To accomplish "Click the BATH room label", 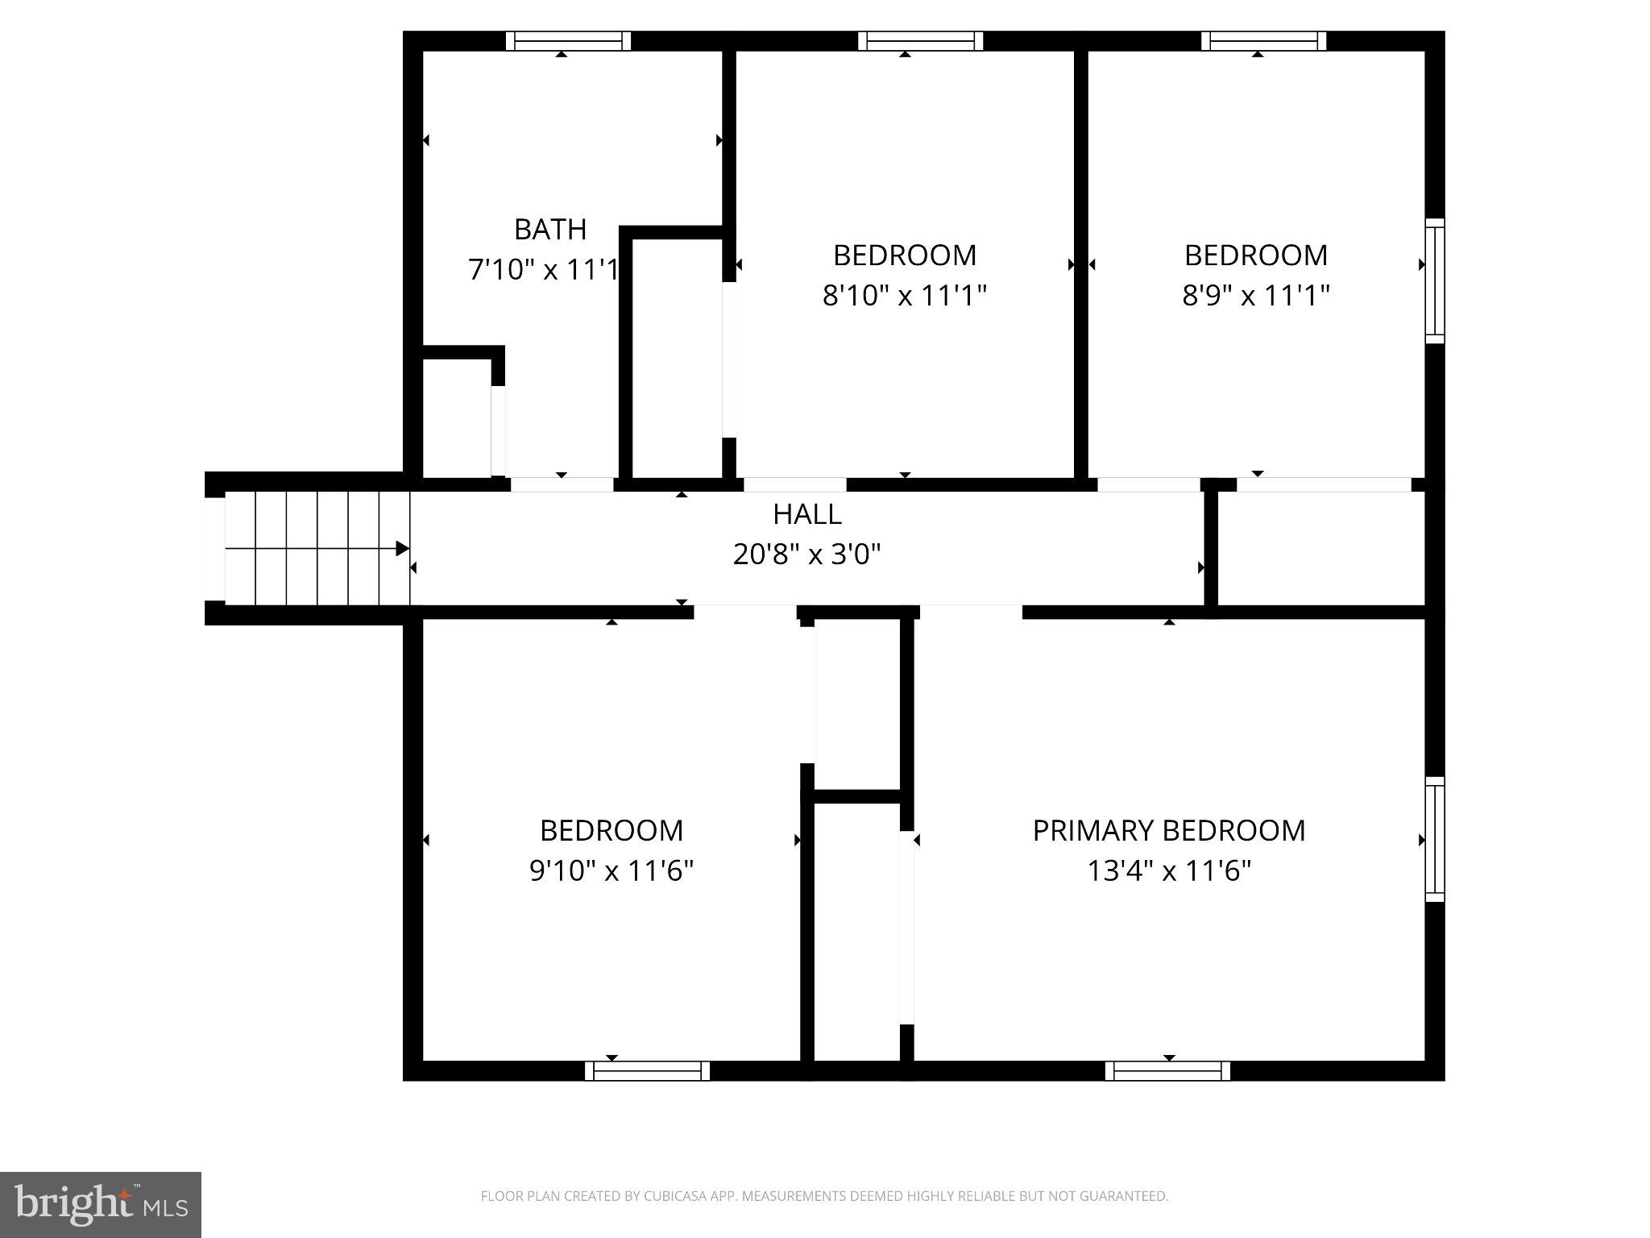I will (x=550, y=230).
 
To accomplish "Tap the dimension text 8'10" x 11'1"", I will (x=904, y=296).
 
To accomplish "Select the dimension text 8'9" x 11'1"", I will (x=1255, y=296).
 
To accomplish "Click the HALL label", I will (x=806, y=514).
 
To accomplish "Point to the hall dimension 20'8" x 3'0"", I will (x=806, y=555).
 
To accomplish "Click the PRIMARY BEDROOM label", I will (x=1168, y=831).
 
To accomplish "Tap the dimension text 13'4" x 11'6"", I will (x=1168, y=871).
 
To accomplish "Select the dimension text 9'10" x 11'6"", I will (x=611, y=871).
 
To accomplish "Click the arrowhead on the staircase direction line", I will (x=402, y=549).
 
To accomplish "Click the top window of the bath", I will (x=568, y=41).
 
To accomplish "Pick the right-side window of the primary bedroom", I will (x=1434, y=839).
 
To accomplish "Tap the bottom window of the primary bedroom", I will (x=1167, y=1070).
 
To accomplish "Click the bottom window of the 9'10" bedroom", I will (x=647, y=1070).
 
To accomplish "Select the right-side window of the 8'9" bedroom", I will (x=1434, y=280).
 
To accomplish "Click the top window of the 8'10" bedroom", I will (x=920, y=41).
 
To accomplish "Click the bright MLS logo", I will (x=101, y=1204).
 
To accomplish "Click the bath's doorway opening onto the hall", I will (x=562, y=484).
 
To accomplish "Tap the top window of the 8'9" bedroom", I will (x=1263, y=41).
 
